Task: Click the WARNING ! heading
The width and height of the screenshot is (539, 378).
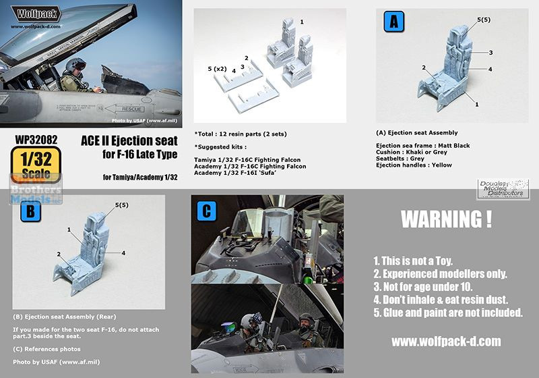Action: tap(446, 219)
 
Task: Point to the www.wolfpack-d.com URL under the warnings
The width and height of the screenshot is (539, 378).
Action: tap(446, 342)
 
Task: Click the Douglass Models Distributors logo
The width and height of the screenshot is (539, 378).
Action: tap(503, 189)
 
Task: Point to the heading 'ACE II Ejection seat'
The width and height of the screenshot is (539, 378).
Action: tap(129, 140)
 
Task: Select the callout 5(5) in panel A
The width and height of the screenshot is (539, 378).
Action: tap(483, 20)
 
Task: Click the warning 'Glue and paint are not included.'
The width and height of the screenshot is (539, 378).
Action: tap(447, 313)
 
